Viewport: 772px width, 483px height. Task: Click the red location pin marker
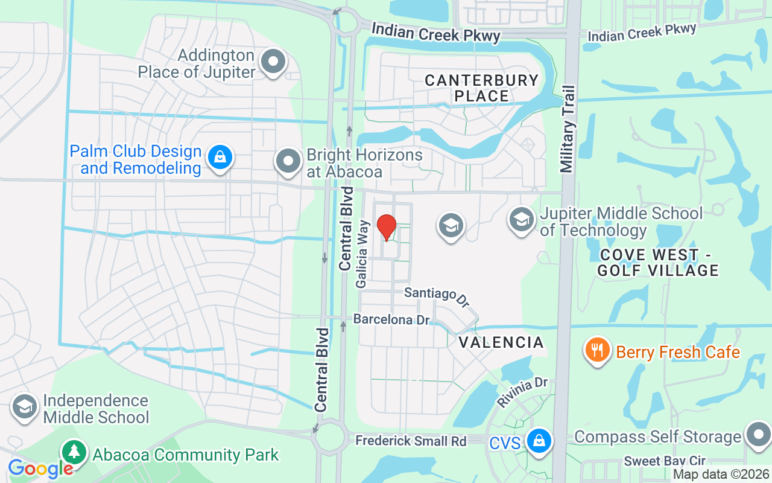[386, 228]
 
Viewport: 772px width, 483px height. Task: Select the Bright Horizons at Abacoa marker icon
[288, 161]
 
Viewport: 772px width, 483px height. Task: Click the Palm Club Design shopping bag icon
[220, 158]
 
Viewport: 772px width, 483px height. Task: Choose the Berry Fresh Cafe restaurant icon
[597, 350]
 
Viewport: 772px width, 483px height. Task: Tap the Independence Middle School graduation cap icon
[25, 407]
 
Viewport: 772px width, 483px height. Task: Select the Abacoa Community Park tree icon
[74, 452]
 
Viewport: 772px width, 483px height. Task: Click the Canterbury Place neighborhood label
[481, 88]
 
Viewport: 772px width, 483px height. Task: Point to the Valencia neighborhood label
[501, 343]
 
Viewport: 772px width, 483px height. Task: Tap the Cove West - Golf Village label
[658, 262]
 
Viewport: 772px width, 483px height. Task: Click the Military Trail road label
[568, 129]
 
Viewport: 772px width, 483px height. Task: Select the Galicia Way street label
[362, 253]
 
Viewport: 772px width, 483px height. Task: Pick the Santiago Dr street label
[437, 295]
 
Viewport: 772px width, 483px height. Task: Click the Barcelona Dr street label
[391, 319]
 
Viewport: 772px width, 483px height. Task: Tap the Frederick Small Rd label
[411, 441]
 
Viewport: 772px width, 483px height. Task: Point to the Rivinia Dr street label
[522, 392]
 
